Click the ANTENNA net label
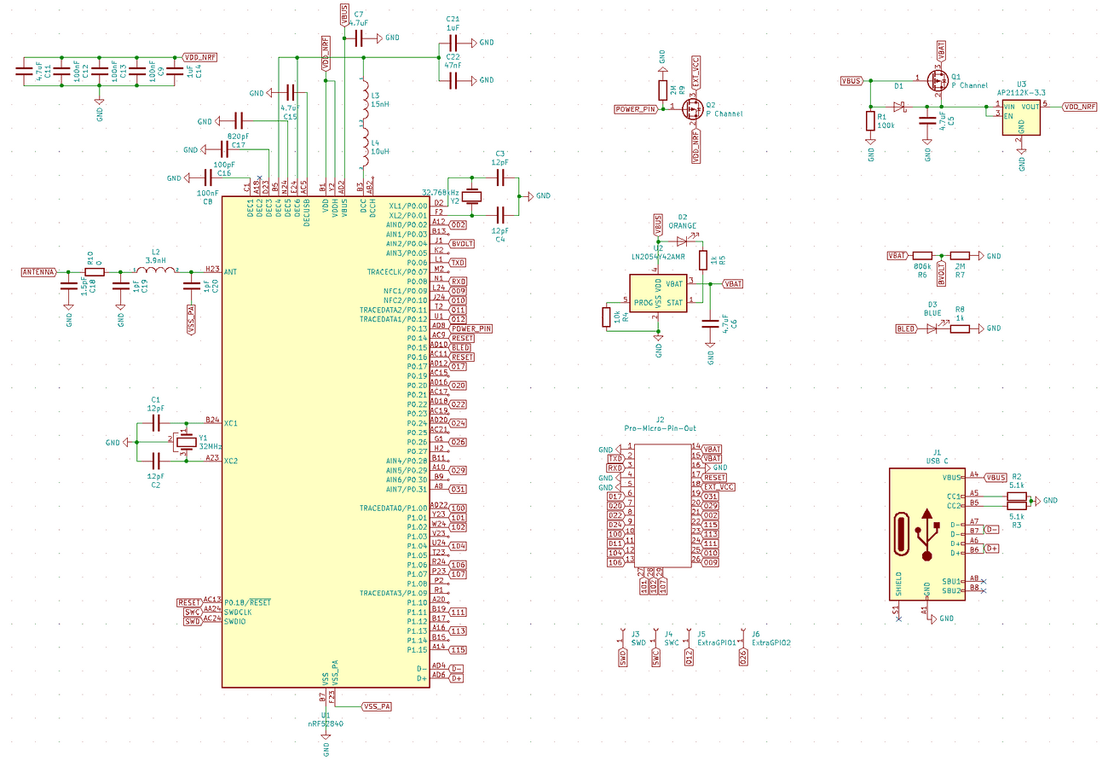[x=38, y=272]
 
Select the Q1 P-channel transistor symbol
[x=938, y=81]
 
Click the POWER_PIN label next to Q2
[x=636, y=109]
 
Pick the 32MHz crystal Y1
[x=183, y=442]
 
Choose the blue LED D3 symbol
[x=933, y=328]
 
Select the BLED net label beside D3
[x=905, y=328]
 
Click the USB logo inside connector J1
[x=927, y=535]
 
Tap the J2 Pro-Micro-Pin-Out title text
[x=660, y=427]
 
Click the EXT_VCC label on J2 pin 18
[x=718, y=486]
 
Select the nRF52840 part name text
[x=326, y=723]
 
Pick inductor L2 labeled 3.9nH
[x=157, y=272]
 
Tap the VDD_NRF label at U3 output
[x=1079, y=107]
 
